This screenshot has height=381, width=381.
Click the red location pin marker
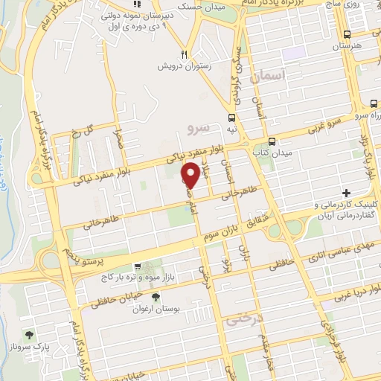pos(190,174)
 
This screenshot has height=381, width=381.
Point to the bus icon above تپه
pos(233,118)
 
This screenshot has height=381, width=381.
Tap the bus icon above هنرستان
pos(348,33)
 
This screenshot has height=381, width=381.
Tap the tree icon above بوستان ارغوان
pos(155,298)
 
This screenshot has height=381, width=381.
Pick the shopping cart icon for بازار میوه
pos(137,266)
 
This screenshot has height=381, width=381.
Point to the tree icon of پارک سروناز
pos(29,335)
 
